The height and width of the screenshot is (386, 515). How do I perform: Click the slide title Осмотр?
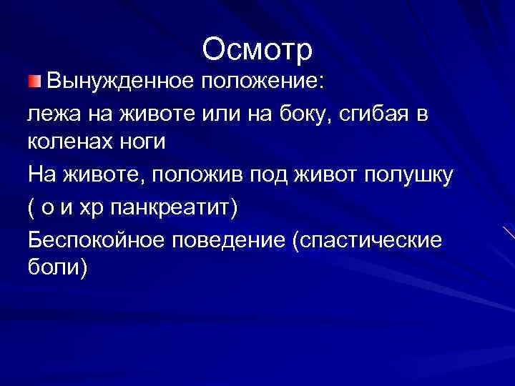click(257, 50)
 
